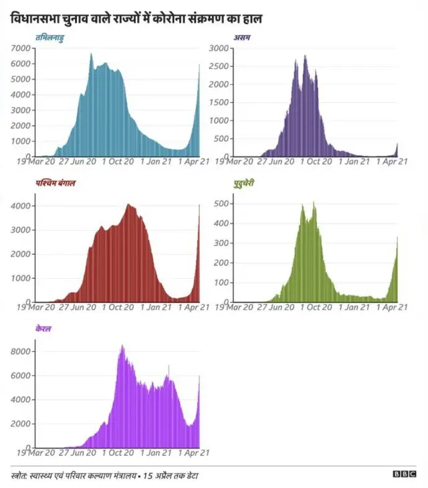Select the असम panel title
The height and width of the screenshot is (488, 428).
click(x=241, y=37)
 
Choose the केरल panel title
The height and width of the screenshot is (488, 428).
click(x=43, y=329)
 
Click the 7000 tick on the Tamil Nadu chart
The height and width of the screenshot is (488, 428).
click(x=21, y=48)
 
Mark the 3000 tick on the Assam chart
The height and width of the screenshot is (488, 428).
click(x=220, y=48)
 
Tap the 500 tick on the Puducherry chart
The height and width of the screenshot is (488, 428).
click(x=222, y=203)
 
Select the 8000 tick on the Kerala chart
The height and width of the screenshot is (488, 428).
click(x=21, y=352)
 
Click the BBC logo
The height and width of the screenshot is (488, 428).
click(x=404, y=474)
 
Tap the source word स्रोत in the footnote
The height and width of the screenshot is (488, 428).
click(x=21, y=475)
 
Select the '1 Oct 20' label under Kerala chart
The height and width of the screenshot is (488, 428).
click(x=118, y=453)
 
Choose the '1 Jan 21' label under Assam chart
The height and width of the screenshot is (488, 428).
click(x=354, y=161)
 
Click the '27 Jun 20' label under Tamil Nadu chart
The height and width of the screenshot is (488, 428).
click(x=78, y=161)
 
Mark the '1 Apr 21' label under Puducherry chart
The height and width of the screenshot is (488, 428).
click(x=393, y=307)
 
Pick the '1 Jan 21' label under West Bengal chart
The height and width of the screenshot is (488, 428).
click(x=157, y=307)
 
